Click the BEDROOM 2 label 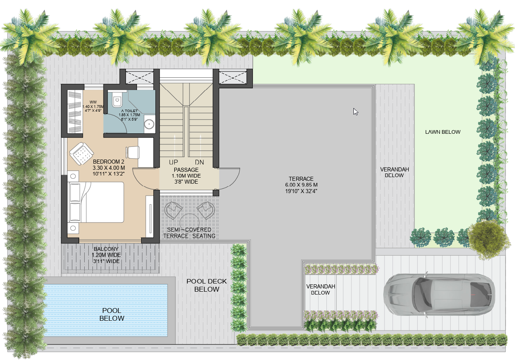point(109,161)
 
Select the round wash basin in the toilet point(150,124)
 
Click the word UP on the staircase point(173,162)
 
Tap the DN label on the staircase point(200,162)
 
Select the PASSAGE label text point(186,170)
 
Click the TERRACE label point(301,179)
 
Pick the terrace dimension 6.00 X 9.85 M point(301,185)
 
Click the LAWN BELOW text point(443,132)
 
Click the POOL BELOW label point(112,315)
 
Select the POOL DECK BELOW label point(207,285)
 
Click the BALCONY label point(106,249)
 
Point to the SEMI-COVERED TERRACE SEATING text point(189,233)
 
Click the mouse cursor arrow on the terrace point(355,111)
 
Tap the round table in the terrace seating point(189,221)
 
